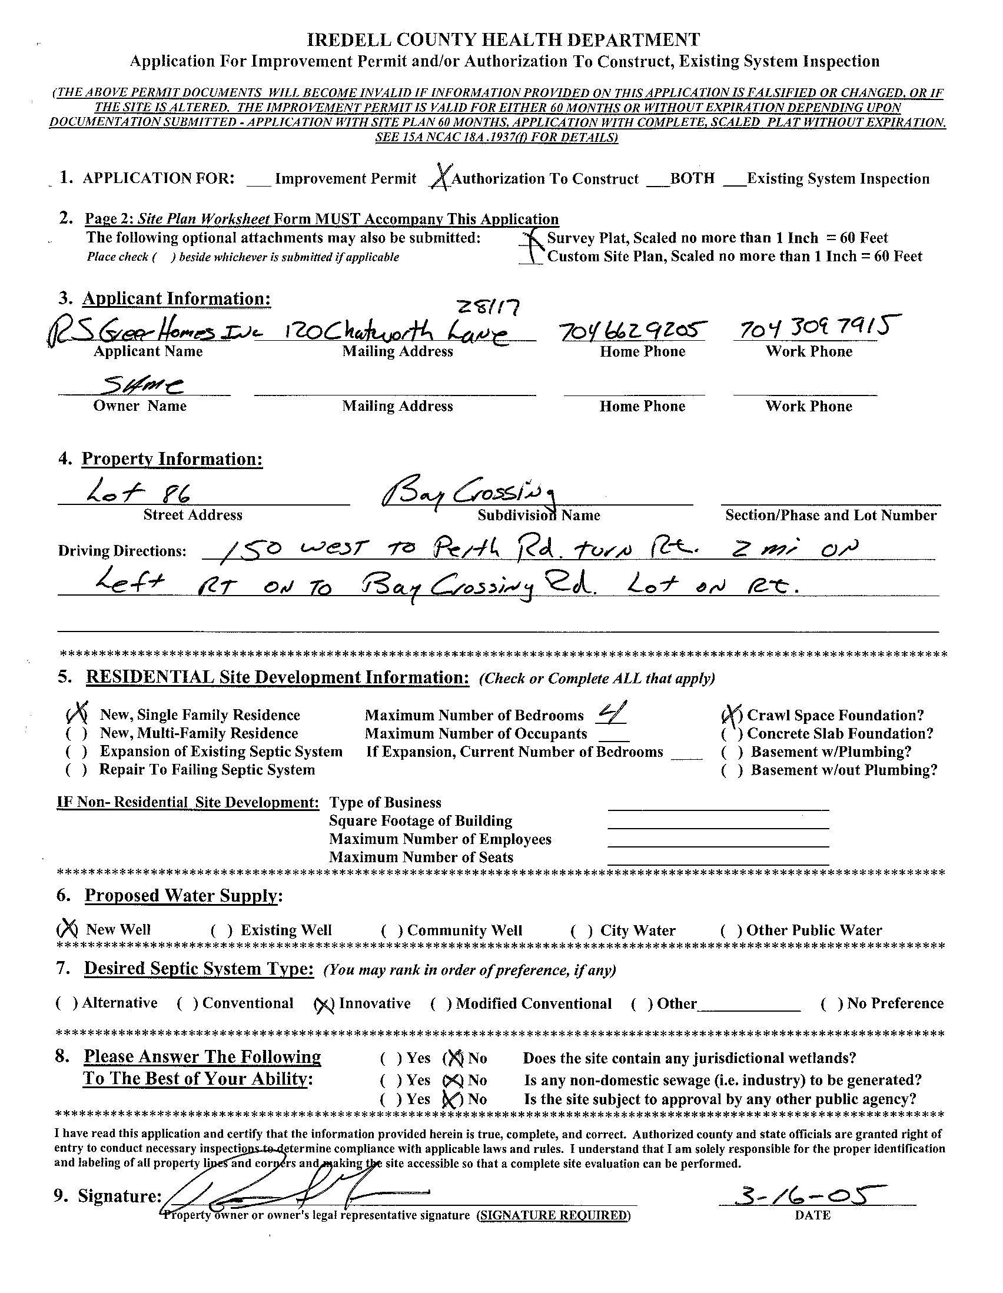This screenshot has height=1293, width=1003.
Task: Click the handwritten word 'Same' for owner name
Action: point(142,386)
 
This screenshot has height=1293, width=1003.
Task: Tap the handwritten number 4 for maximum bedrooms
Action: point(609,714)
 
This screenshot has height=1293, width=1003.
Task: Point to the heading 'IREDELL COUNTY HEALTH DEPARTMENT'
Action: point(503,39)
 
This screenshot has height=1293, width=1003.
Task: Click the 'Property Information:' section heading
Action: point(172,459)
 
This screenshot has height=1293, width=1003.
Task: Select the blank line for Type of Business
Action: point(718,805)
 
